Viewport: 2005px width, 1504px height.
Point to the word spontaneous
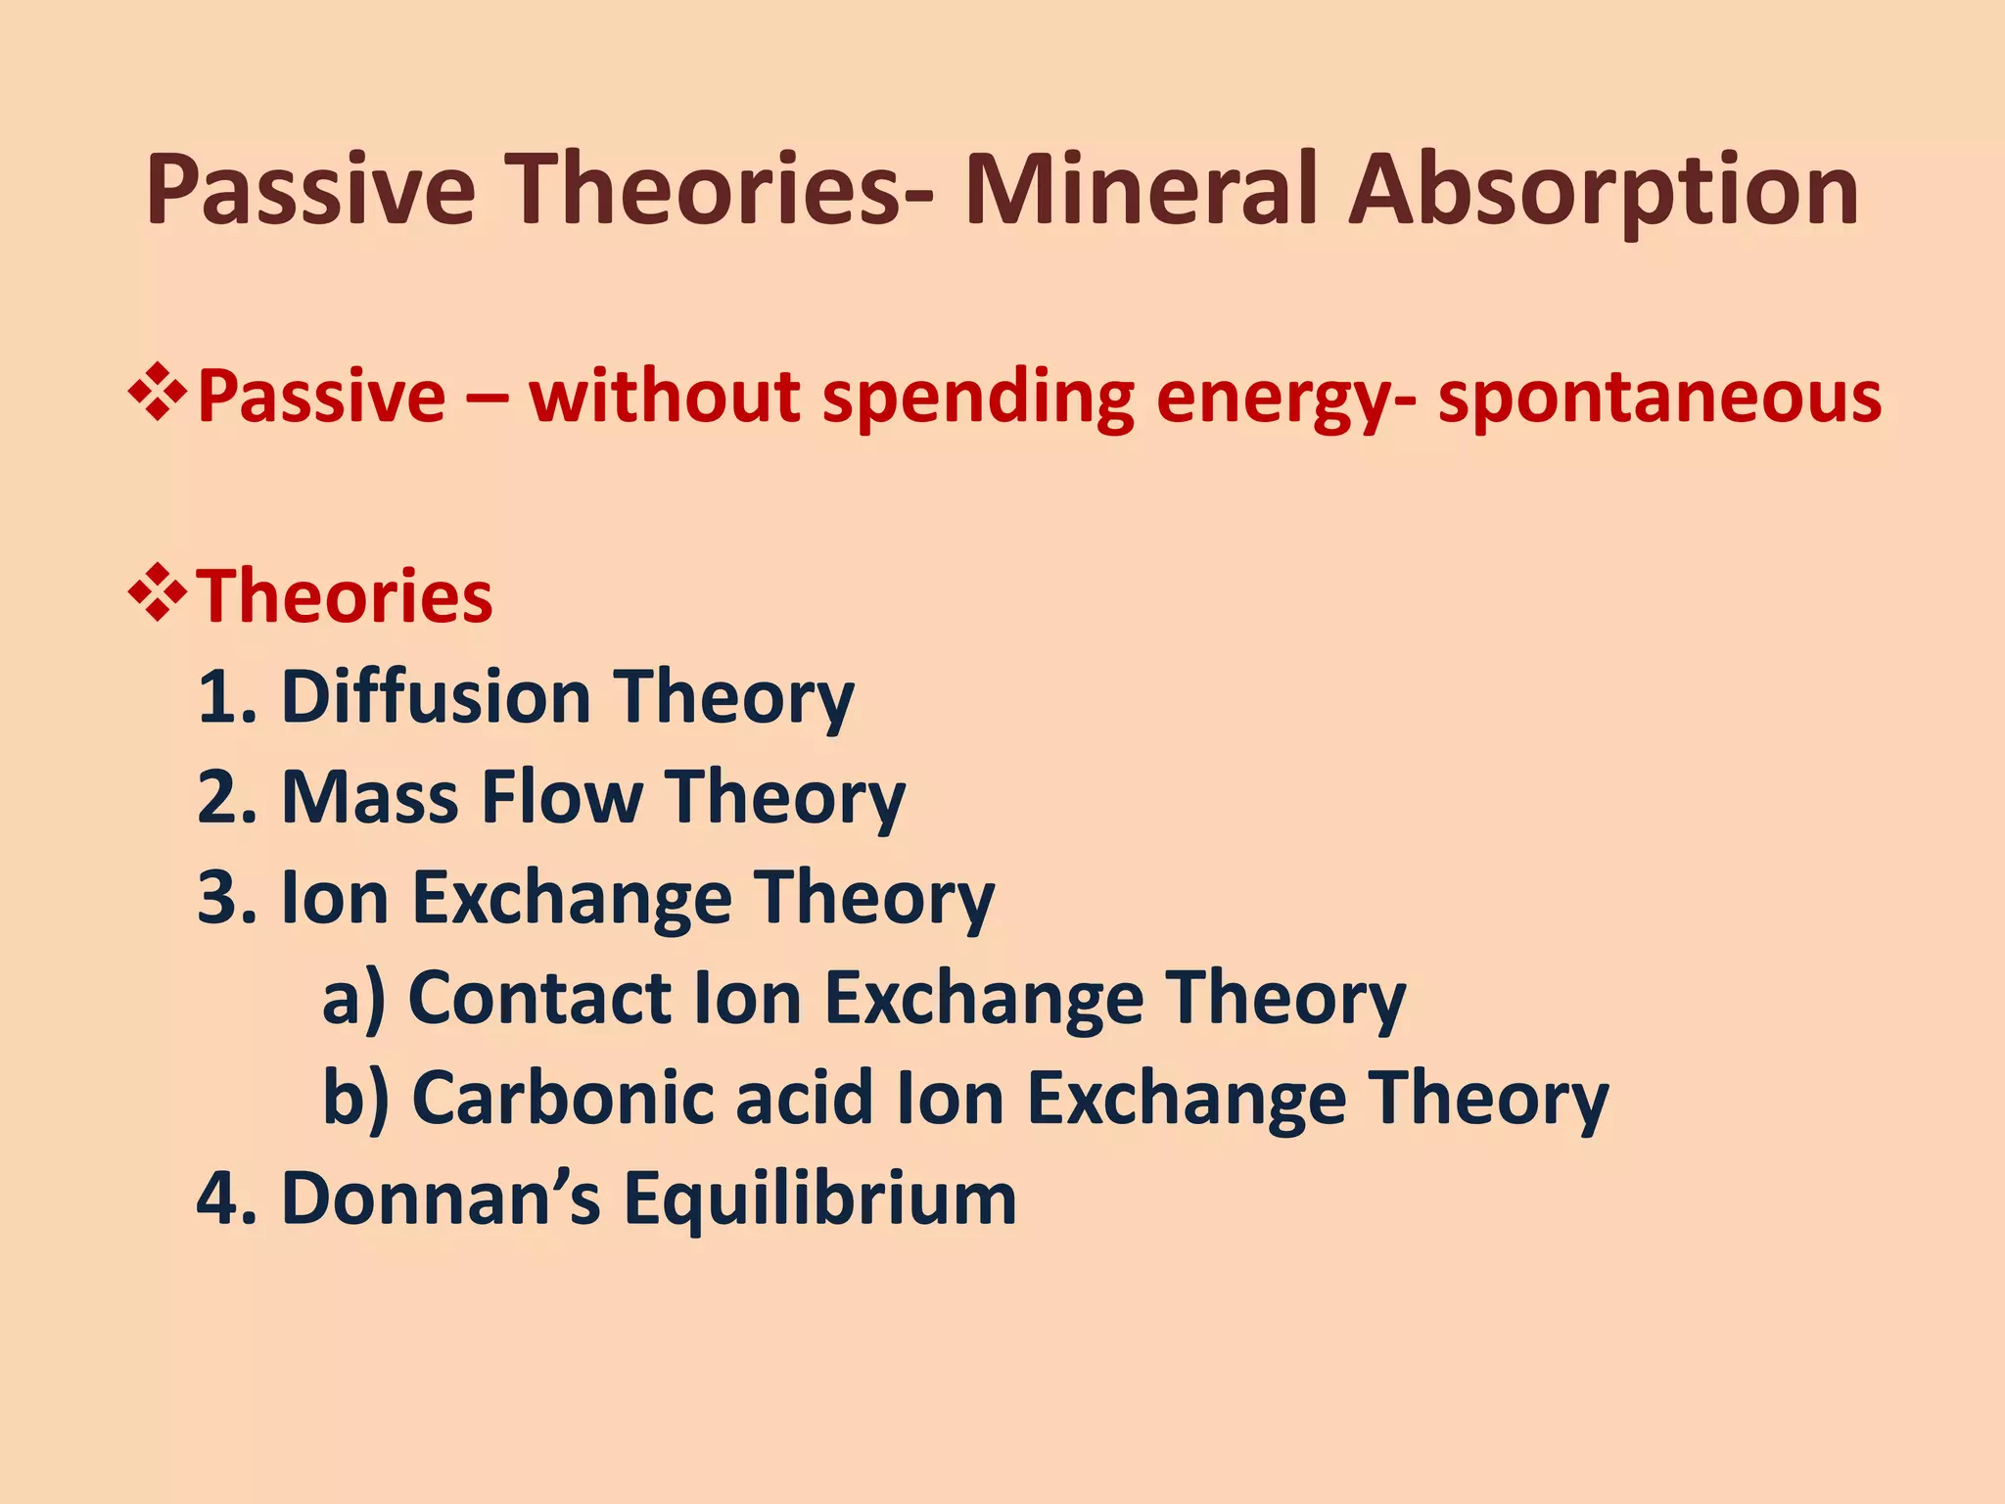click(1658, 399)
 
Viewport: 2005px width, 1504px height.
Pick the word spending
click(978, 399)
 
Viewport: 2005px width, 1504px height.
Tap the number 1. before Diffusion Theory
click(226, 697)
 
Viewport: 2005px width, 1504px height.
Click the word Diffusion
click(436, 697)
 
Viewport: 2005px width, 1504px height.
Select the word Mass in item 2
click(369, 797)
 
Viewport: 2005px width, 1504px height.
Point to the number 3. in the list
click(226, 898)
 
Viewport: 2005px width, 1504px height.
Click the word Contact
click(538, 998)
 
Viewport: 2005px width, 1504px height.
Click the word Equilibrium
click(820, 1200)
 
